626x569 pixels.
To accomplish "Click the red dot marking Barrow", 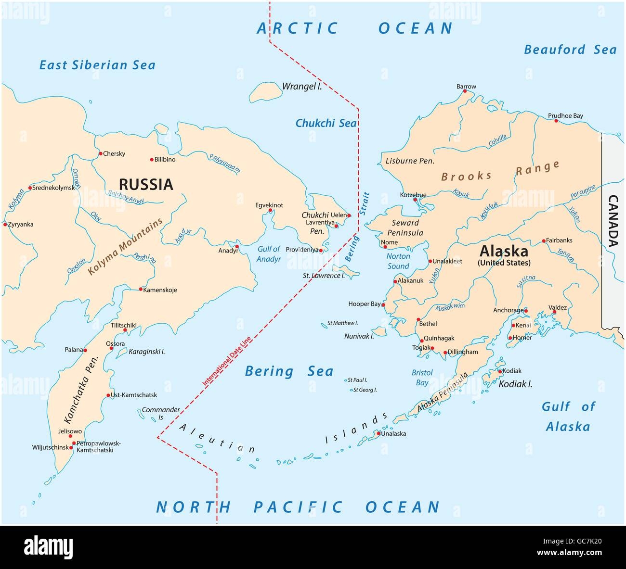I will coord(466,93).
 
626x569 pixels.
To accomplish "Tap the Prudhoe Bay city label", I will coord(565,116).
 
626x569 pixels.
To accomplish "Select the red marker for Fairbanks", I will coord(544,240).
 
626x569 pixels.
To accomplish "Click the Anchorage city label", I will coord(508,310).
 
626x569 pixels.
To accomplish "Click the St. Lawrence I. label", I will coord(323,276).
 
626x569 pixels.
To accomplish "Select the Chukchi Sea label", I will coord(326,123).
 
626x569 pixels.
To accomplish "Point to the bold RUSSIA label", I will coord(145,184).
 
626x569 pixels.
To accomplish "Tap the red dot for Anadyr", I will coord(236,244).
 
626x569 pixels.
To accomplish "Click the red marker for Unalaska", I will coord(378,433).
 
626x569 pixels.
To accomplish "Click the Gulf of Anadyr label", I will coord(269,253).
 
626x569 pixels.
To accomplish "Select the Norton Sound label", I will coord(398,261).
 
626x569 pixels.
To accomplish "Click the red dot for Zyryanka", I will coord(5,224).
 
